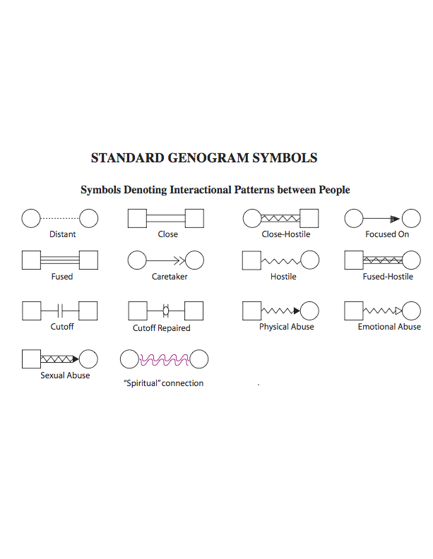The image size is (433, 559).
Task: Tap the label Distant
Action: pos(62,234)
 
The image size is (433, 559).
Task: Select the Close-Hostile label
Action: pos(285,234)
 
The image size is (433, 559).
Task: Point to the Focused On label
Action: pos(387,234)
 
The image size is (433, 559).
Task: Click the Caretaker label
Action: pos(170,277)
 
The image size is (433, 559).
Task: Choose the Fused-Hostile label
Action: pos(388,277)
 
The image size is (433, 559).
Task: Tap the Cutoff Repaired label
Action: pos(162,328)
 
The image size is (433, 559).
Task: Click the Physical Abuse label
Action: pos(286,327)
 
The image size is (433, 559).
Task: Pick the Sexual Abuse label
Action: pos(65,375)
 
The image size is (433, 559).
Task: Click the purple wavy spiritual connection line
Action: pos(165,360)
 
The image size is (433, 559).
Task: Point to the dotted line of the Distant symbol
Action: pos(60,219)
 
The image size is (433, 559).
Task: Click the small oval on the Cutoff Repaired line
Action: pos(166,311)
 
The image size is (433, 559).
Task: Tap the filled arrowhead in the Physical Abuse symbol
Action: pos(296,311)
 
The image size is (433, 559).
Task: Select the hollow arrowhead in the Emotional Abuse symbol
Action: pos(398,311)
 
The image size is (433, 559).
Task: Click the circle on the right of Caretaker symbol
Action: pos(194,261)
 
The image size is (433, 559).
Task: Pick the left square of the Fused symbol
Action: pos(31,260)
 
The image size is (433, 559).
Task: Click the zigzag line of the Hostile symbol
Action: pos(280,261)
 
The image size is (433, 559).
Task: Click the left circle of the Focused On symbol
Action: pos(354,219)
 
